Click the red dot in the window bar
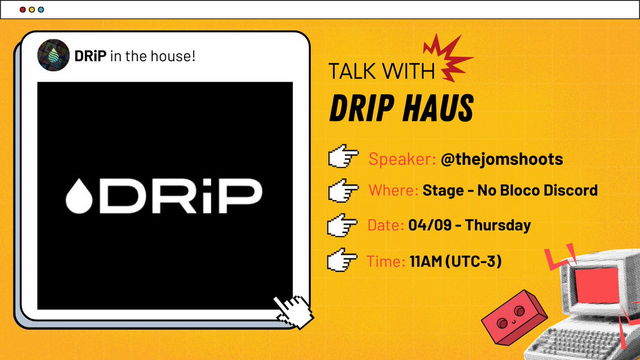[x=22, y=10]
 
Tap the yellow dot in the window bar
[x=31, y=10]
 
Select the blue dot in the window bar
[x=41, y=10]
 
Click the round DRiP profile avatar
[x=53, y=55]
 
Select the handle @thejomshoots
[x=502, y=159]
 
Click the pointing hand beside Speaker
[x=342, y=159]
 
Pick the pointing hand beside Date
[x=342, y=226]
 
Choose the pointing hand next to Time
[x=342, y=261]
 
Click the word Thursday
[x=498, y=225]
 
